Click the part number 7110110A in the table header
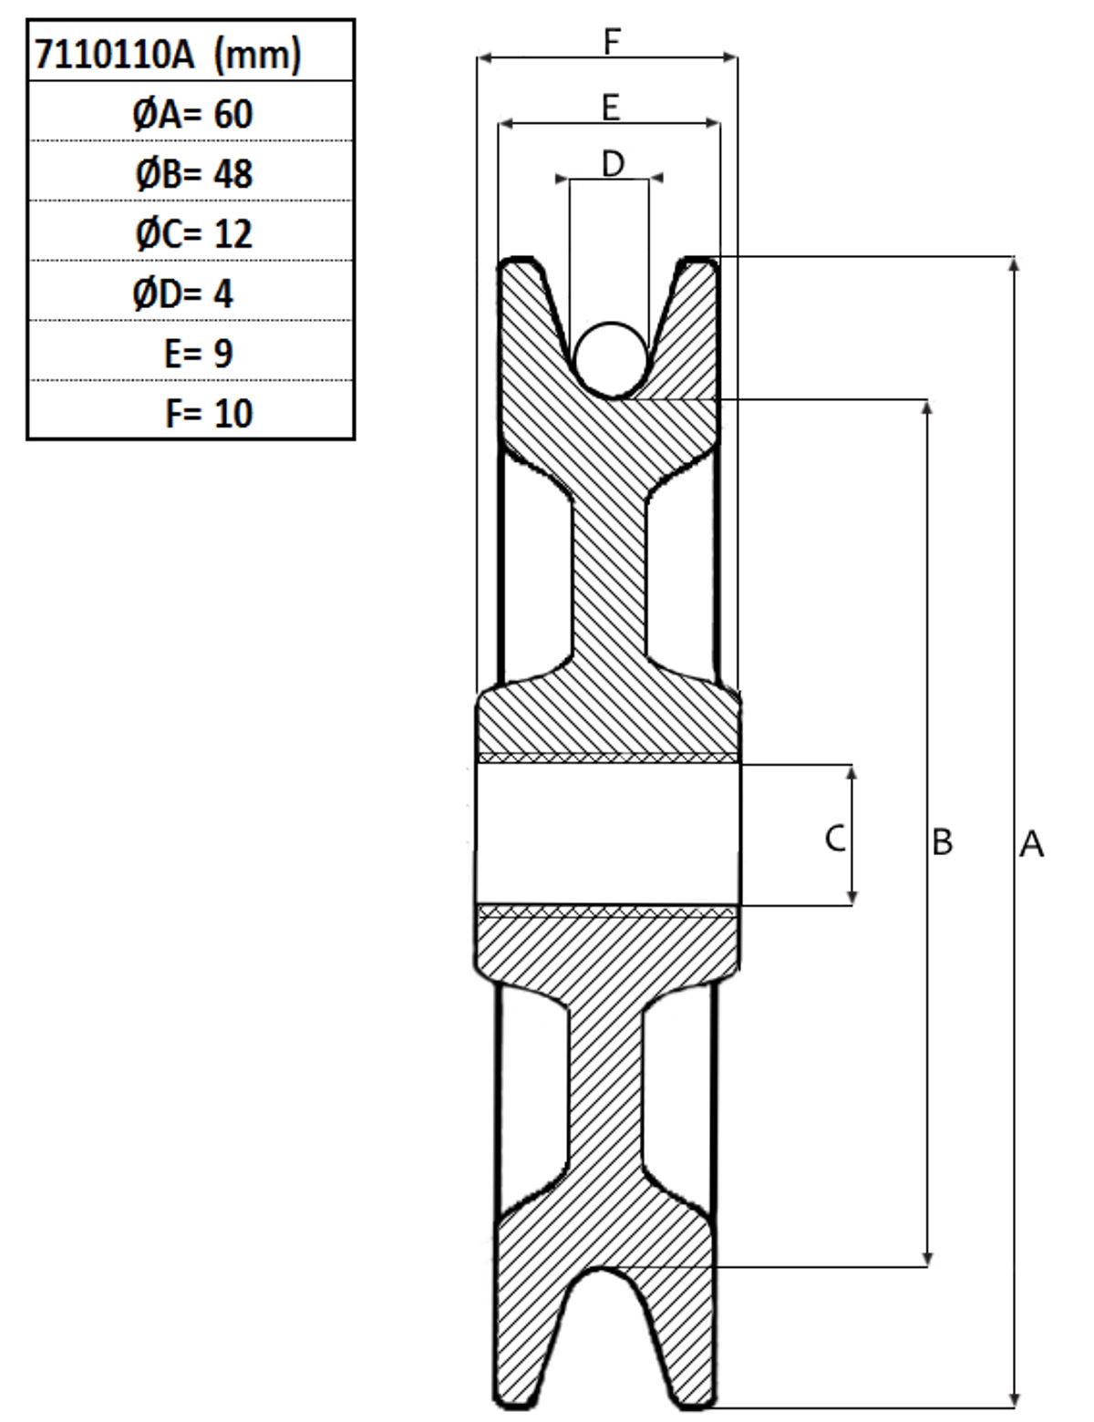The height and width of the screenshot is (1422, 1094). coord(115,54)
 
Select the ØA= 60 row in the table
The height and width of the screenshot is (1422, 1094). coord(192,114)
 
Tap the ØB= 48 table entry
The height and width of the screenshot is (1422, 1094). coord(193,174)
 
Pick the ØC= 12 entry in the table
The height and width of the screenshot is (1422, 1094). coord(193,233)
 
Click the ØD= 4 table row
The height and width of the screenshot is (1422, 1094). coord(182,294)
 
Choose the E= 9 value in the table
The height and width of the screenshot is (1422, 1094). coord(198,354)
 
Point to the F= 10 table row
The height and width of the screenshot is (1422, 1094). coord(209,414)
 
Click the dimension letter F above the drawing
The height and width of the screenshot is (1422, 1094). coord(611,42)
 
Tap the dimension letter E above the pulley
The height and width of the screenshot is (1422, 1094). coord(611,108)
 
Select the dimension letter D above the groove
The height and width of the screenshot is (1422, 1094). coord(613,163)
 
